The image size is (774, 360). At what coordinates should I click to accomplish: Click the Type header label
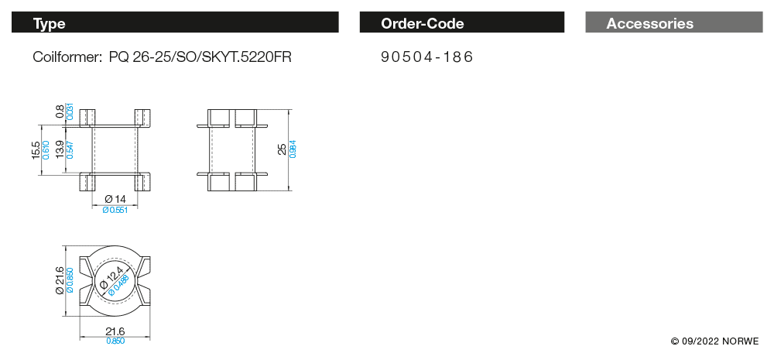(x=50, y=23)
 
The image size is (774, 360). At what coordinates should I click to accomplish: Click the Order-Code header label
(x=423, y=23)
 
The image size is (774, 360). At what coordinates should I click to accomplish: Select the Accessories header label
(x=649, y=23)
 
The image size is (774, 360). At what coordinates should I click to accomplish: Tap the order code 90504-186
(x=427, y=57)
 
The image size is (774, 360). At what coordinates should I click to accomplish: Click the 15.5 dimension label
(x=36, y=149)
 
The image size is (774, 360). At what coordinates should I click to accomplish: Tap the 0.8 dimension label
(x=60, y=111)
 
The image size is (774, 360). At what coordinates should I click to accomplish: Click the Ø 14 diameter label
(x=115, y=200)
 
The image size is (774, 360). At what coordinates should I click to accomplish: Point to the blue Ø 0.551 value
(x=115, y=210)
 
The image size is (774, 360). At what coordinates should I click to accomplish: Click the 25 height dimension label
(x=282, y=149)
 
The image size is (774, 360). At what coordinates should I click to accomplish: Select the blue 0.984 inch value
(x=292, y=149)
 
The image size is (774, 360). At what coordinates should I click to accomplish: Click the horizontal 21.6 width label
(x=115, y=331)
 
